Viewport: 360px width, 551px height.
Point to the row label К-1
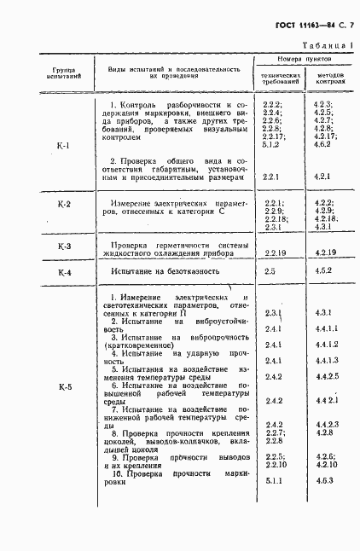click(x=62, y=145)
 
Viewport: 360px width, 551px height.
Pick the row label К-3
click(x=62, y=246)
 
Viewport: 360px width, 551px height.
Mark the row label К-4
click(x=62, y=272)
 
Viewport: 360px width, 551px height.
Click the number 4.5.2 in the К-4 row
click(x=322, y=271)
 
